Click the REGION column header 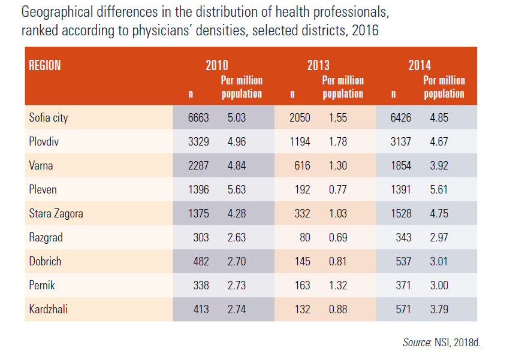click(x=45, y=65)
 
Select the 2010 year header click(x=217, y=66)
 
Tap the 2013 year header click(x=318, y=66)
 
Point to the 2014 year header click(x=420, y=66)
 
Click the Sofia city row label click(x=49, y=117)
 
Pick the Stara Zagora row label click(x=56, y=213)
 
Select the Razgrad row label click(x=46, y=237)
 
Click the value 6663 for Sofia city click(x=198, y=117)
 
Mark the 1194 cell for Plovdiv click(x=299, y=141)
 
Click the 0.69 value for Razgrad click(x=337, y=237)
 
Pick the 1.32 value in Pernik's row click(x=337, y=285)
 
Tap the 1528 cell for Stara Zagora click(x=400, y=213)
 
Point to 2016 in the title click(x=365, y=30)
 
